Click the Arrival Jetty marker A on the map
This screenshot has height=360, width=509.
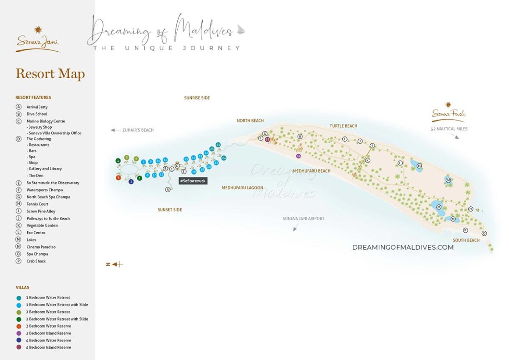168,190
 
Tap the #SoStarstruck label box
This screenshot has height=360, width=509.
193,181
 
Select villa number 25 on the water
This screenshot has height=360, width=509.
218,144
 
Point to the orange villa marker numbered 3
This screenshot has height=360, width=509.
118,178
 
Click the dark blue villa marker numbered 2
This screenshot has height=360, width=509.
131,181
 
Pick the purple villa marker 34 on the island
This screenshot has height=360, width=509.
299,156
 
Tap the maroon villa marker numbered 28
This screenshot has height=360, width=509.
267,139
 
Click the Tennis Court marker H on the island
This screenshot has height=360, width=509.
300,137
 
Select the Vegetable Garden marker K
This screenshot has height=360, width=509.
368,161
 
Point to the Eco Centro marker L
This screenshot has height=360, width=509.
400,163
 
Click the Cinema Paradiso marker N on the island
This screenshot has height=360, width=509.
471,209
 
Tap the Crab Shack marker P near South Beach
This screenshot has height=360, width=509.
466,230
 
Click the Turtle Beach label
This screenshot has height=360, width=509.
344,126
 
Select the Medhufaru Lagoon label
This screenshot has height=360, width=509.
242,188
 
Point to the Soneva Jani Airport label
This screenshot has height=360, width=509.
303,218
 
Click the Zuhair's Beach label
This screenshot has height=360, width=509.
138,130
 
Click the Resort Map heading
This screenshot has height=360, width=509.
50,74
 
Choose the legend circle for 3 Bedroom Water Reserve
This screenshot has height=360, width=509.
18,326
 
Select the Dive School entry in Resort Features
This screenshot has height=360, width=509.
36,114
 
